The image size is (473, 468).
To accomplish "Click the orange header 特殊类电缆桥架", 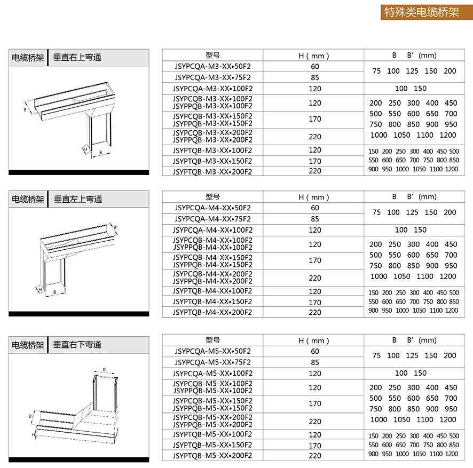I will [421, 12].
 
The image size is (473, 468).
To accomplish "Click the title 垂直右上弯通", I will [77, 58].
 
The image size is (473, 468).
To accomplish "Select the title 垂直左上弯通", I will [77, 199].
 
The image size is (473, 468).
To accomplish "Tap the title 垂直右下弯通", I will [77, 345].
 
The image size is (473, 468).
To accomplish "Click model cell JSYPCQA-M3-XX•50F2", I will [212, 67].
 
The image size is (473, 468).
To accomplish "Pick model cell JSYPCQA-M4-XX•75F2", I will [212, 219].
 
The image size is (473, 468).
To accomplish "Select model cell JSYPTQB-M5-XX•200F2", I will [212, 456].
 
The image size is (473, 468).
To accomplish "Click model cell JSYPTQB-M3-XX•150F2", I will [212, 161].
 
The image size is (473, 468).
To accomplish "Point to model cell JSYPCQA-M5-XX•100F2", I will [212, 373].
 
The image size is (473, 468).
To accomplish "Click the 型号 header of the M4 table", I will [212, 196].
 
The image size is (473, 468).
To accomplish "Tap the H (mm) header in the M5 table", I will [314, 340].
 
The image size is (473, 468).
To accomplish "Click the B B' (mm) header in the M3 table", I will [414, 55].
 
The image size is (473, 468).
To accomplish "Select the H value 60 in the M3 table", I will [315, 67].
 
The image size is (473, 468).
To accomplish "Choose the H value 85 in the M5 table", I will [315, 362].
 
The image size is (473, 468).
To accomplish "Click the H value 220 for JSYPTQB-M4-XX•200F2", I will [315, 312].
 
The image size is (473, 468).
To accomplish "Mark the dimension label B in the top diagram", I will [101, 152].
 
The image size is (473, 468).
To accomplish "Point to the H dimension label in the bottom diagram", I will [33, 435].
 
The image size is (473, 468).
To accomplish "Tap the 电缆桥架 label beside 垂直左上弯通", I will [28, 199].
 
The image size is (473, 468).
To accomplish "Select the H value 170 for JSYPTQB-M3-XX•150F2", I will [315, 161].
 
